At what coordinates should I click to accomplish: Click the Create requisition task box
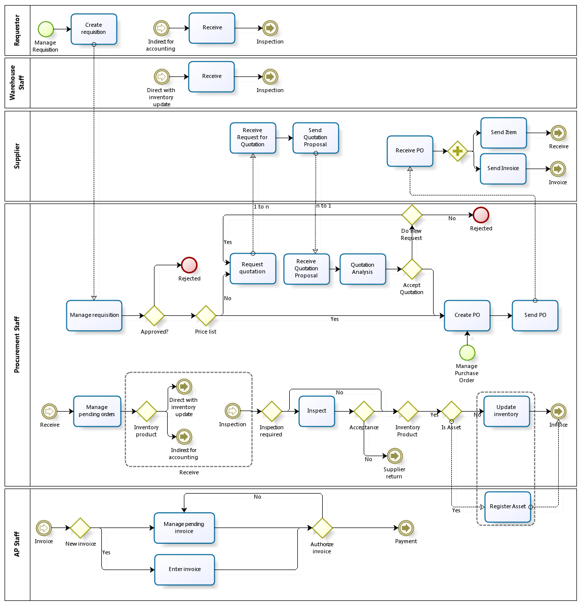94,29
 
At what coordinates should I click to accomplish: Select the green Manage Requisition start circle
46,29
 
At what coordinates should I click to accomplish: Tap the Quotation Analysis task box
363,269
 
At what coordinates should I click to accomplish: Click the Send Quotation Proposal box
316,138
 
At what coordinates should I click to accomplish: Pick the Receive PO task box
410,151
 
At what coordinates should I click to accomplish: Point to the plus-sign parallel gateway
457,151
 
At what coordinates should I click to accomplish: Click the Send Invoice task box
503,169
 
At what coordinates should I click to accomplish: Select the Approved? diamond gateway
154,316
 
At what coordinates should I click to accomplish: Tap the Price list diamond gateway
206,316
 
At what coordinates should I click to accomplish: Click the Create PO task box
467,315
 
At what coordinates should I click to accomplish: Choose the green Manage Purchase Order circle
467,352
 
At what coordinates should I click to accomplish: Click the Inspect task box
317,411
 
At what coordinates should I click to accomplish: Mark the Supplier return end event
395,456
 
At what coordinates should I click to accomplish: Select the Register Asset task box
508,507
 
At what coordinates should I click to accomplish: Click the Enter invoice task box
184,570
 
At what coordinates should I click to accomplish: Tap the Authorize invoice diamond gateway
322,528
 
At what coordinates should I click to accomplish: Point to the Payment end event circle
406,528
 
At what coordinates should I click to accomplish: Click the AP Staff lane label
17,544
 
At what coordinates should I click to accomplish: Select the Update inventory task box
506,411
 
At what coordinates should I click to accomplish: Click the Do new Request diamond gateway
412,215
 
